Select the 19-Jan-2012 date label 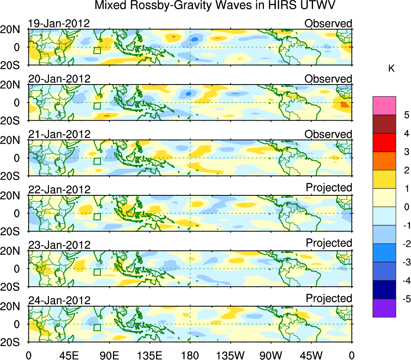[59, 23]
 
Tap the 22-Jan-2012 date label [59, 189]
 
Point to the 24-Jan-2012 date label [59, 300]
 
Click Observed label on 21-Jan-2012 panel [328, 134]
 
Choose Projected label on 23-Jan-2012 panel [329, 243]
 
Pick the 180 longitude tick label [190, 355]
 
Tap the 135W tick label [230, 355]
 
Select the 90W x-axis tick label [270, 355]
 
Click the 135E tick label [149, 355]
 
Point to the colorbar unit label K [391, 69]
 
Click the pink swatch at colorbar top [384, 106]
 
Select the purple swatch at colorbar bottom [384, 308]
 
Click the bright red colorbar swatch [384, 142]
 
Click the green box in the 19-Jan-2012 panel [97, 51]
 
